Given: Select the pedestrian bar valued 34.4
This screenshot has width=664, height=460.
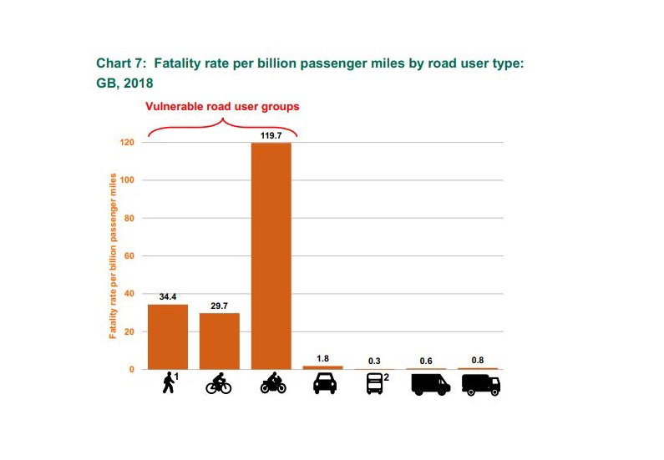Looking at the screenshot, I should tap(168, 336).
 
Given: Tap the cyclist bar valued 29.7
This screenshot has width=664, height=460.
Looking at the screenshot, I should tap(220, 341).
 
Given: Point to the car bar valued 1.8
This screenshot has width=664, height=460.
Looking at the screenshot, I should tap(322, 366).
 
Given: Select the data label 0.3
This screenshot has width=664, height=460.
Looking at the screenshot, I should tap(374, 361).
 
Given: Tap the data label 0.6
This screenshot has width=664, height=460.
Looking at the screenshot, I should tap(426, 361).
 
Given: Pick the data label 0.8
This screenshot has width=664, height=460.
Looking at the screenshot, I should tap(478, 360).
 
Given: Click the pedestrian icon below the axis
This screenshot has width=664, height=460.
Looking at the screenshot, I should tap(169, 383).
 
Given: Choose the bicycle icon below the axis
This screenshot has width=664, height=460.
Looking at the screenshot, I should tap(220, 384).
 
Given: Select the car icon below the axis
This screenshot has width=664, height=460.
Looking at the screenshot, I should tap(323, 384).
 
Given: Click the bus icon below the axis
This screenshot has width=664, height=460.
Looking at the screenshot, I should tap(374, 384).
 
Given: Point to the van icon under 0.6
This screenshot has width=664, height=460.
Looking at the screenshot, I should tap(430, 384).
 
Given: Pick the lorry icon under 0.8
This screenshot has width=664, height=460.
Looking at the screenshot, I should tap(481, 384).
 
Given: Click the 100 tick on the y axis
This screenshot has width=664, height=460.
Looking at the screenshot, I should tap(127, 180).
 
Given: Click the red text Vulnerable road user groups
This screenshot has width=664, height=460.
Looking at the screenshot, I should tap(222, 107).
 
